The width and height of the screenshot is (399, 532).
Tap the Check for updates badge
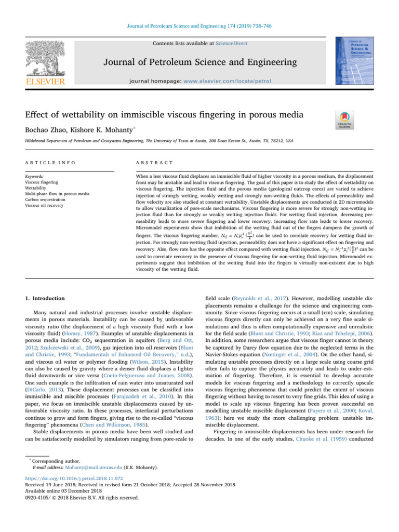(x=345, y=119)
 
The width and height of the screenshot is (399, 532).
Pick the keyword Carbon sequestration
(x=51, y=198)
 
